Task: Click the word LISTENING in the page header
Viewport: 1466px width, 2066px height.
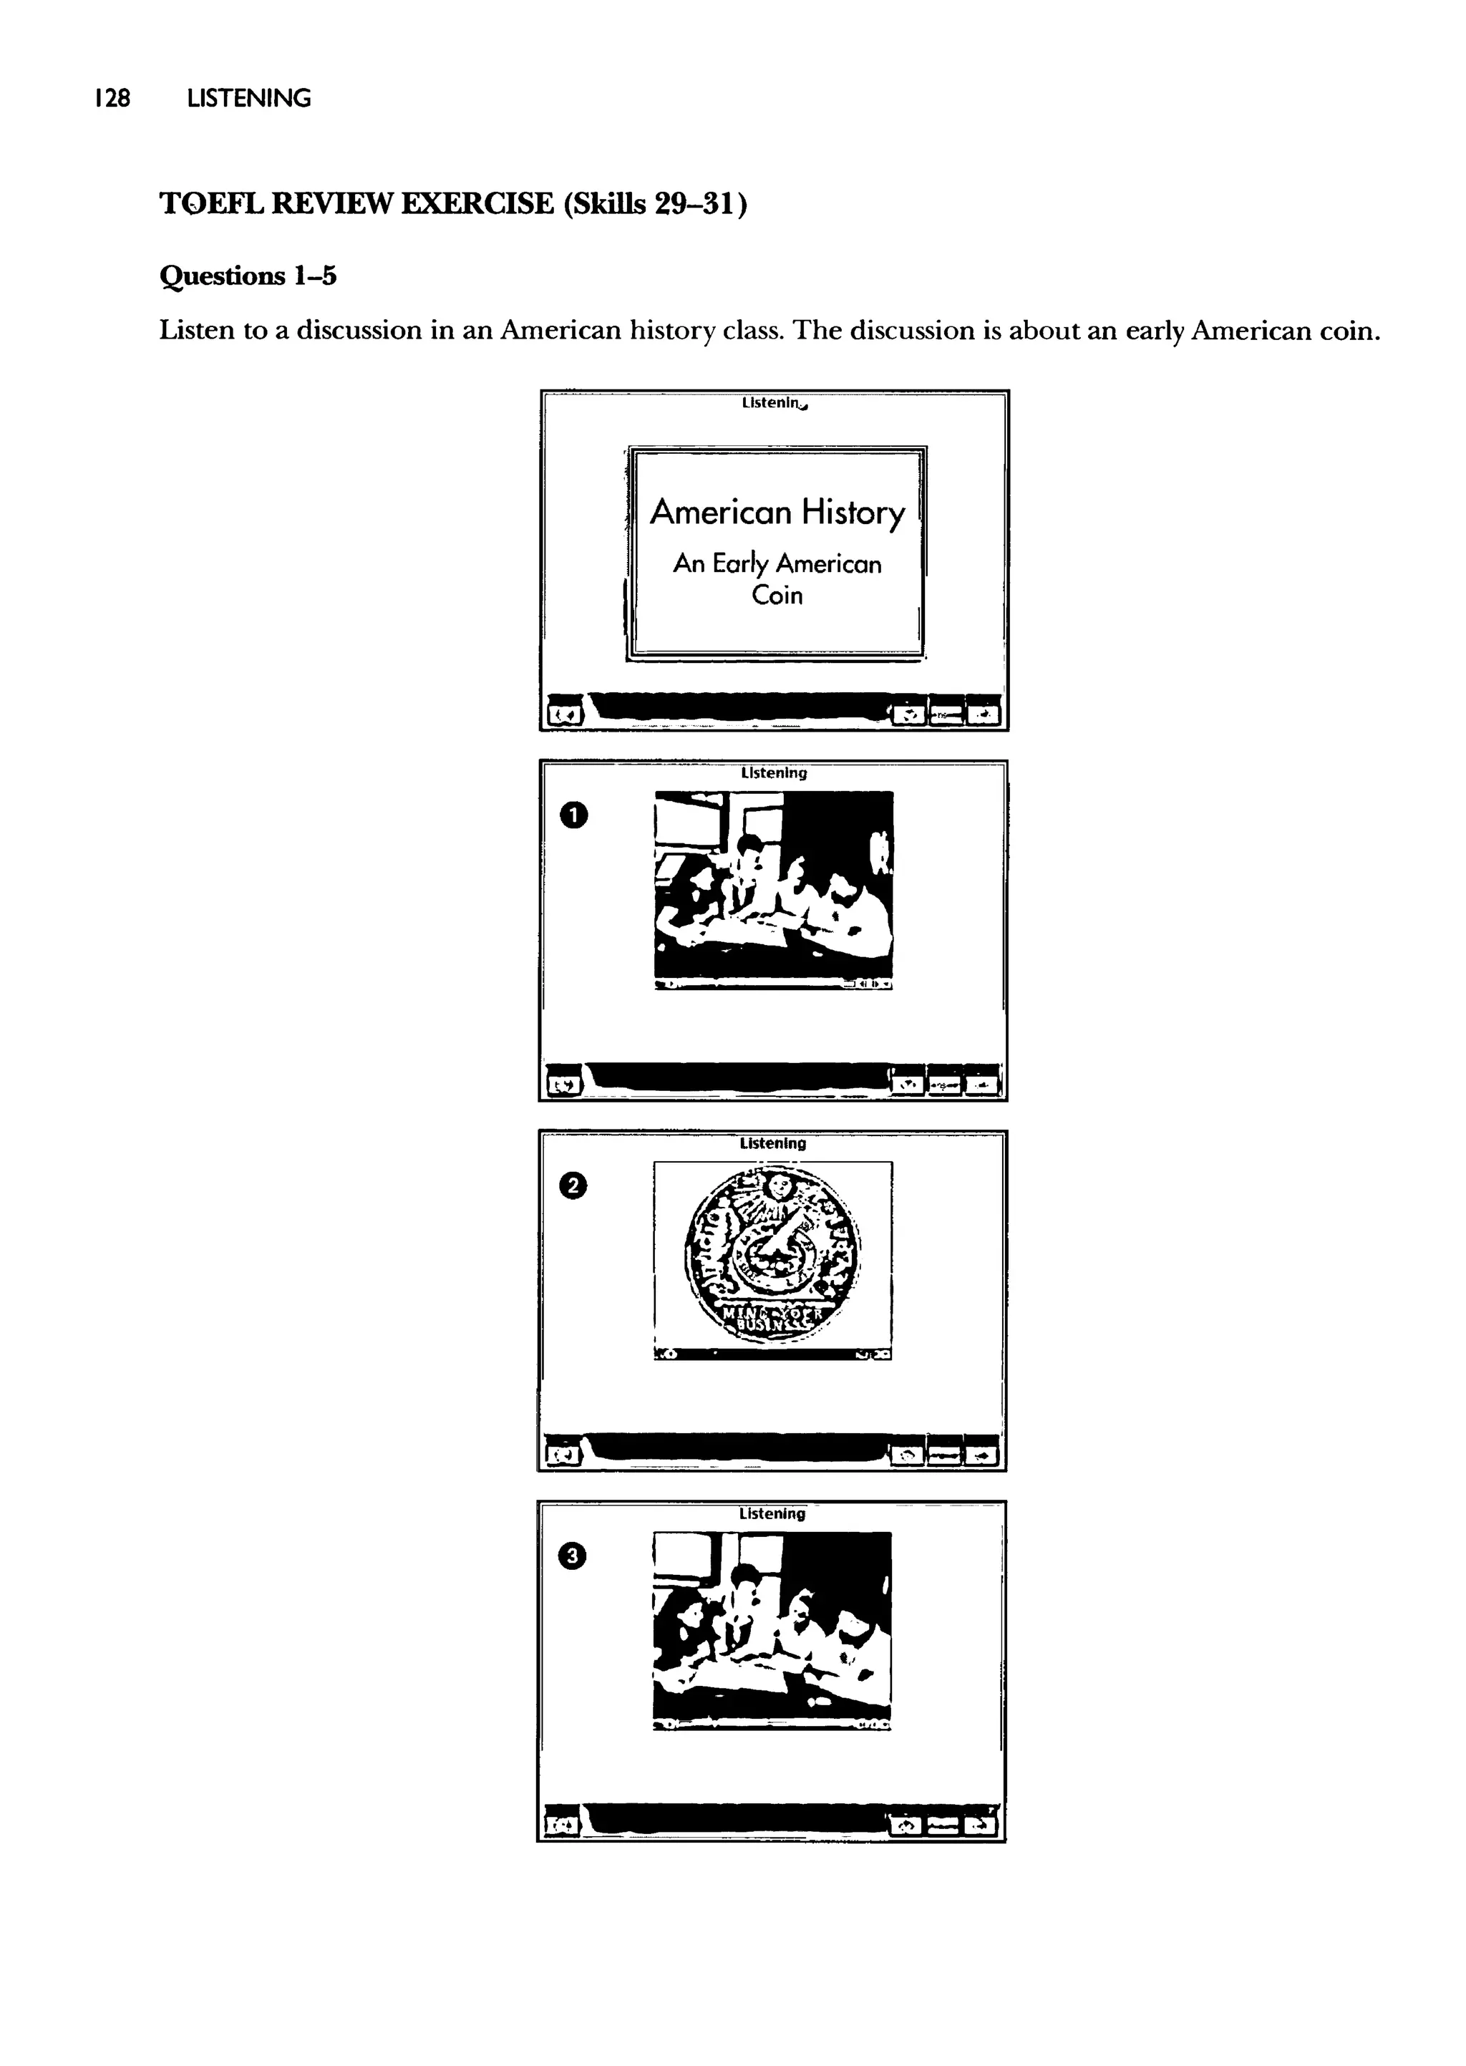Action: [x=248, y=98]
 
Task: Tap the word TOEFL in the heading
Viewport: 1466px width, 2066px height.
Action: [x=211, y=204]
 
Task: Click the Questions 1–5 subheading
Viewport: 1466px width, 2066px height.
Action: [x=248, y=276]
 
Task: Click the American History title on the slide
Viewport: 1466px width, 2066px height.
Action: [x=777, y=513]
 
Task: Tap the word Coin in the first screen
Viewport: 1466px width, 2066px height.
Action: [x=777, y=596]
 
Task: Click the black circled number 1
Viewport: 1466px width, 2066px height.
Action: [x=574, y=816]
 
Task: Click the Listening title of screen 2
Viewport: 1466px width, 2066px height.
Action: [x=772, y=1143]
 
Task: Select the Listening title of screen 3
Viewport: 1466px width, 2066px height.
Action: [x=772, y=1513]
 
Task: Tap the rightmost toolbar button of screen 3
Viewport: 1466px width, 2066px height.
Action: [x=981, y=1826]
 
